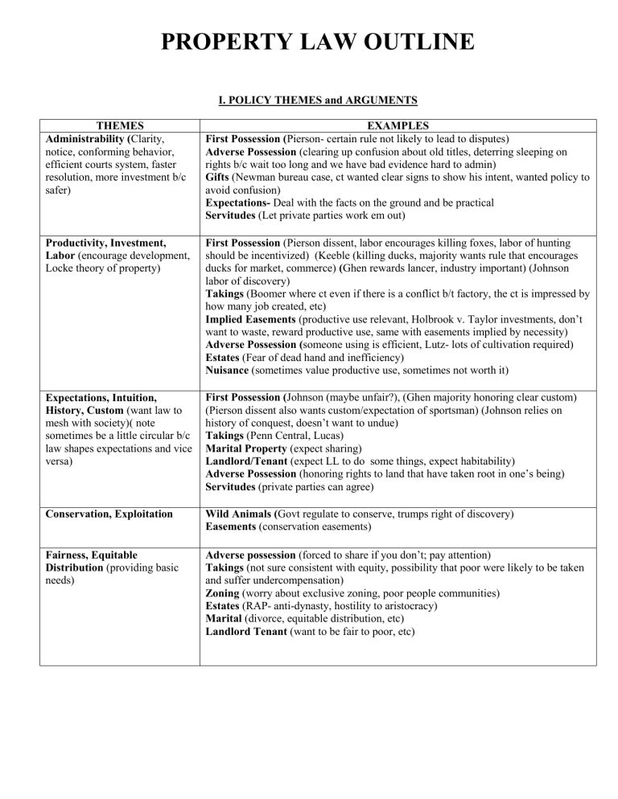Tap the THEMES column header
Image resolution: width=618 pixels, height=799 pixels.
[120, 125]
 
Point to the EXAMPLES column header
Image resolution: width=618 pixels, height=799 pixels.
[399, 125]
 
